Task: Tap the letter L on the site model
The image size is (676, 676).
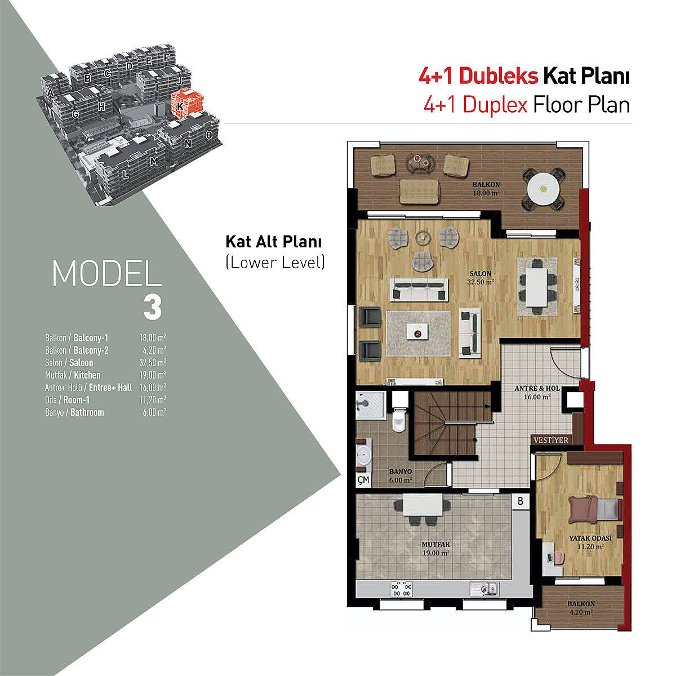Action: pos(125,174)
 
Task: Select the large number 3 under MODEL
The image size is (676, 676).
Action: pos(153,307)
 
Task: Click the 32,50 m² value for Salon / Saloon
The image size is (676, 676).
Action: pos(153,362)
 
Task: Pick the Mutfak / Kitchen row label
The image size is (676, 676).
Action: pos(73,375)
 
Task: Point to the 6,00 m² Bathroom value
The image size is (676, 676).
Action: pos(154,412)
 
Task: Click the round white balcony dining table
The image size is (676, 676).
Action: pos(544,189)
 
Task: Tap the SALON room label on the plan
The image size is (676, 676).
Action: pos(481,273)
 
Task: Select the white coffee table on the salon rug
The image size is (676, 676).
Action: pos(417,331)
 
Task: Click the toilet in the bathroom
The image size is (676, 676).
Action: pos(399,419)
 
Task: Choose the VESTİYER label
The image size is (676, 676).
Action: pos(551,440)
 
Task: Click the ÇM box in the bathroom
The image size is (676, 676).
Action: pos(363,479)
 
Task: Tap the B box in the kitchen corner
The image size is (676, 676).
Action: pos(521,501)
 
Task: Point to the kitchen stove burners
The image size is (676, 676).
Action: pos(402,589)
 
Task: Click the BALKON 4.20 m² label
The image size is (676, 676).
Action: pos(581,608)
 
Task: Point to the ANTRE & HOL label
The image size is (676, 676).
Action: pos(537,388)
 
